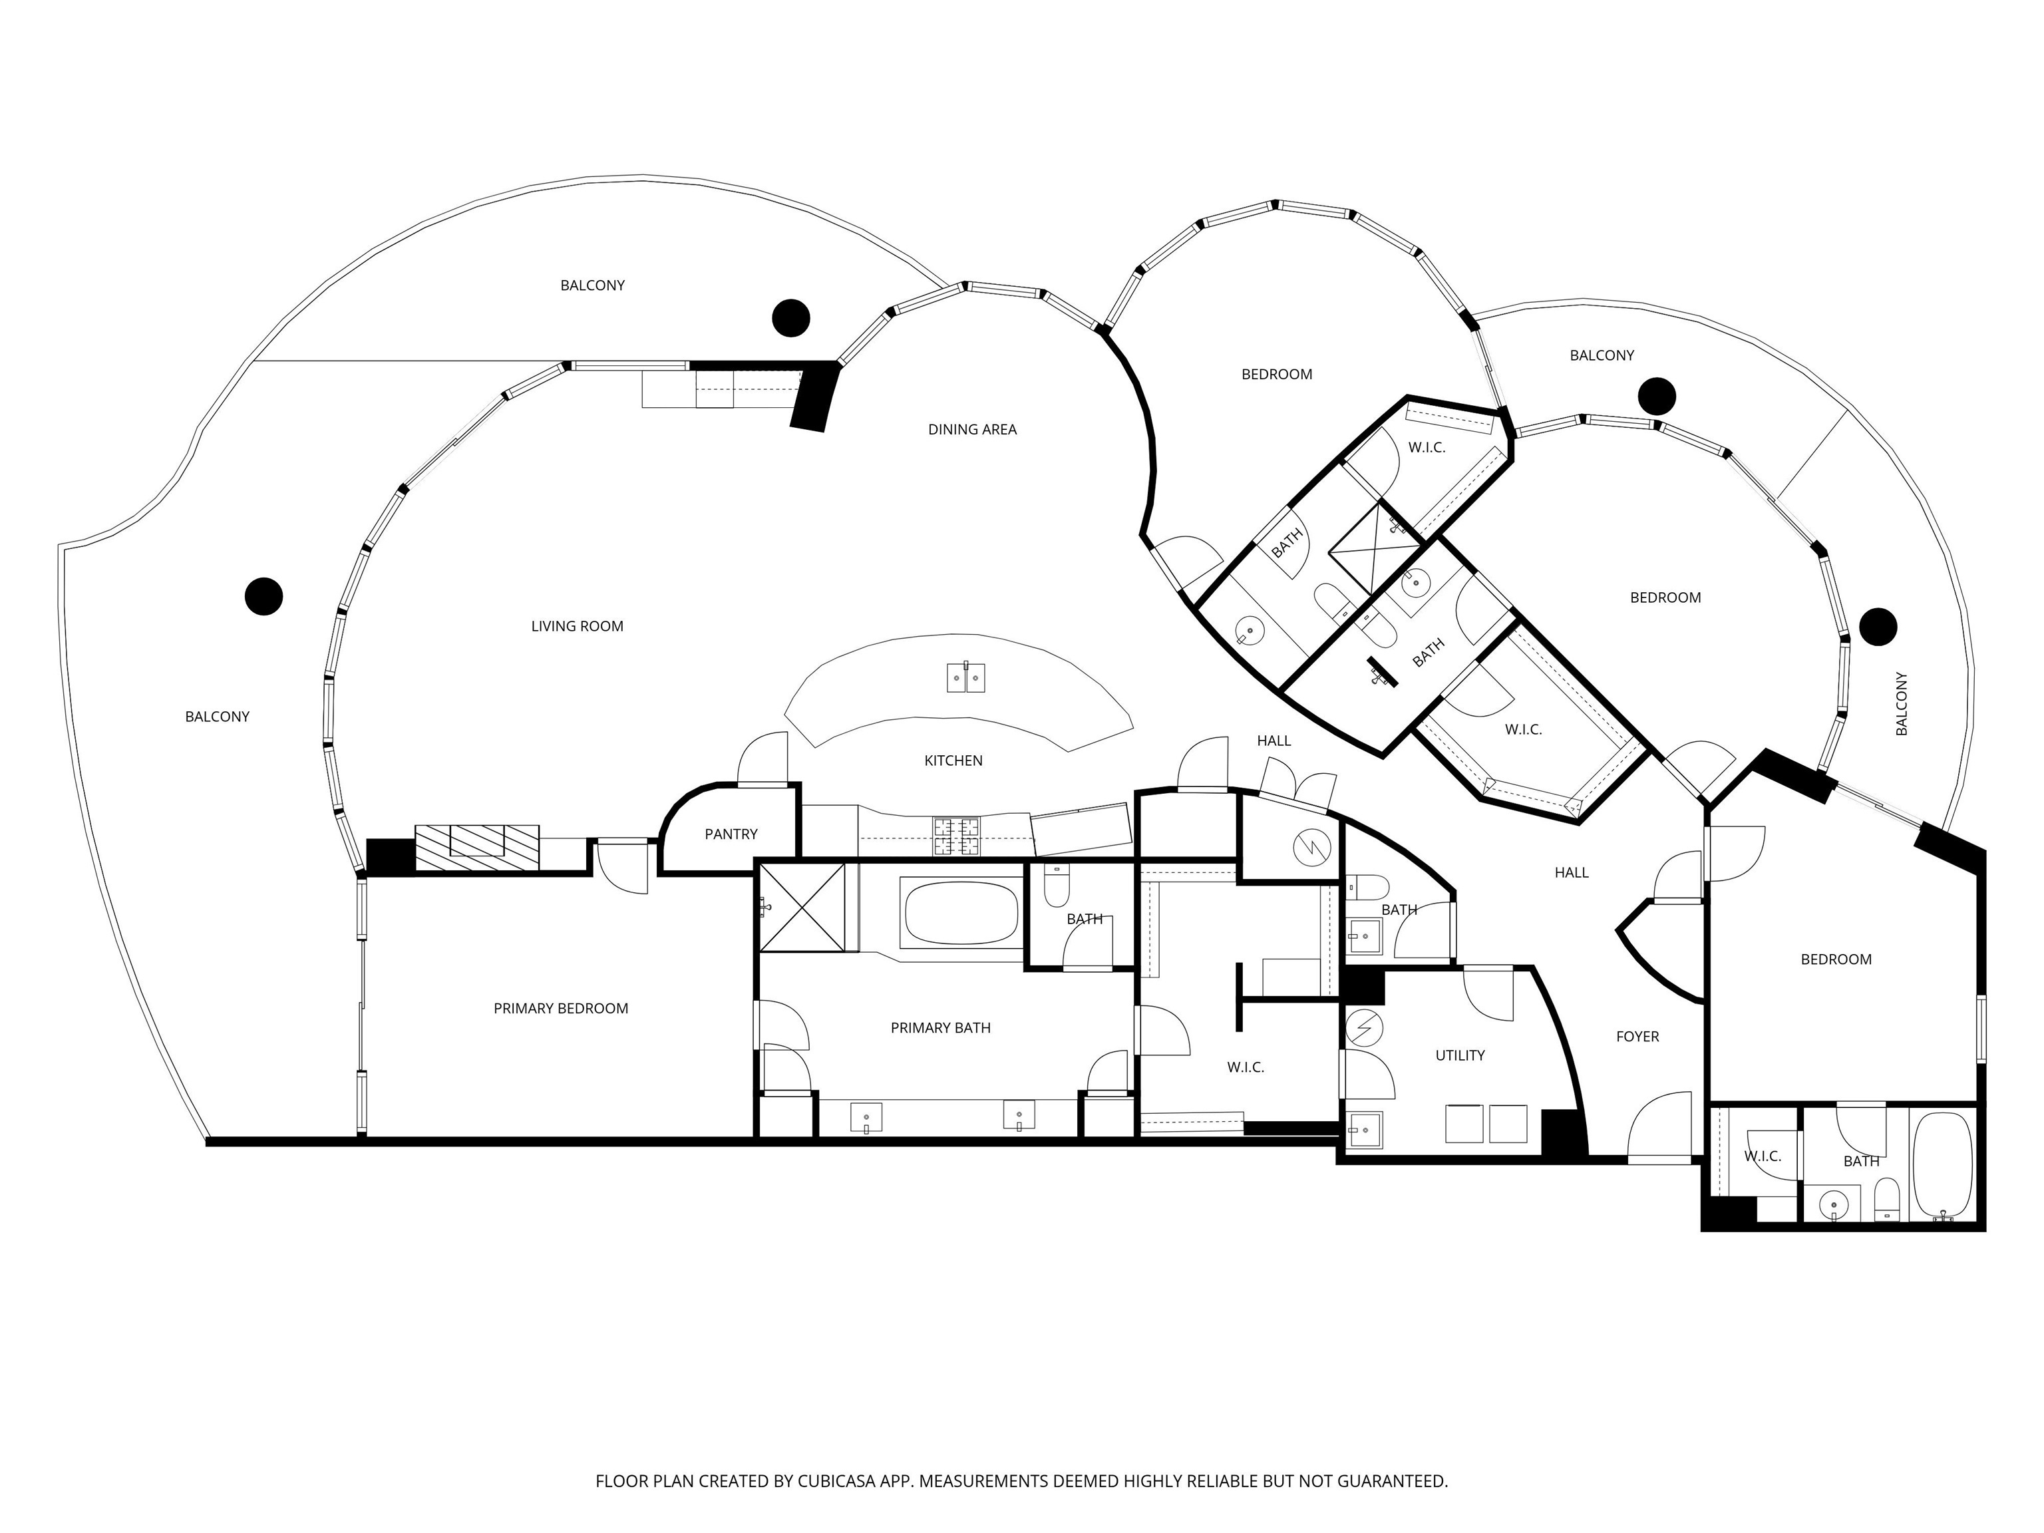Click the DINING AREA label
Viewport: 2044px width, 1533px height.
tap(972, 430)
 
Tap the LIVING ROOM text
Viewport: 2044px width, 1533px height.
tap(577, 627)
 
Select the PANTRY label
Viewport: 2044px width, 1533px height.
tap(731, 834)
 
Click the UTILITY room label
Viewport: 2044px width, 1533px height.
tap(1460, 1055)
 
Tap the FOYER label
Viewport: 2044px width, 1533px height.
tap(1637, 1037)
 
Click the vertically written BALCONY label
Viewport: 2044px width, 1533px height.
tap(1902, 704)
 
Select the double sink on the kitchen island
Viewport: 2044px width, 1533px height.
tap(967, 677)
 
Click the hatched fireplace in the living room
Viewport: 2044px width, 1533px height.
tap(477, 846)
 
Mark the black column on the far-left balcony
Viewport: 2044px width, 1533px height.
tap(263, 596)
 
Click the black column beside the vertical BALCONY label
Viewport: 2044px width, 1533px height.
tap(1878, 627)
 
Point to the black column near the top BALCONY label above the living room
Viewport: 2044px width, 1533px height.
tap(791, 318)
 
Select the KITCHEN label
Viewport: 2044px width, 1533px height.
tap(953, 761)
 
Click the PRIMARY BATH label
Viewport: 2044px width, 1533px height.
tap(941, 1027)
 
